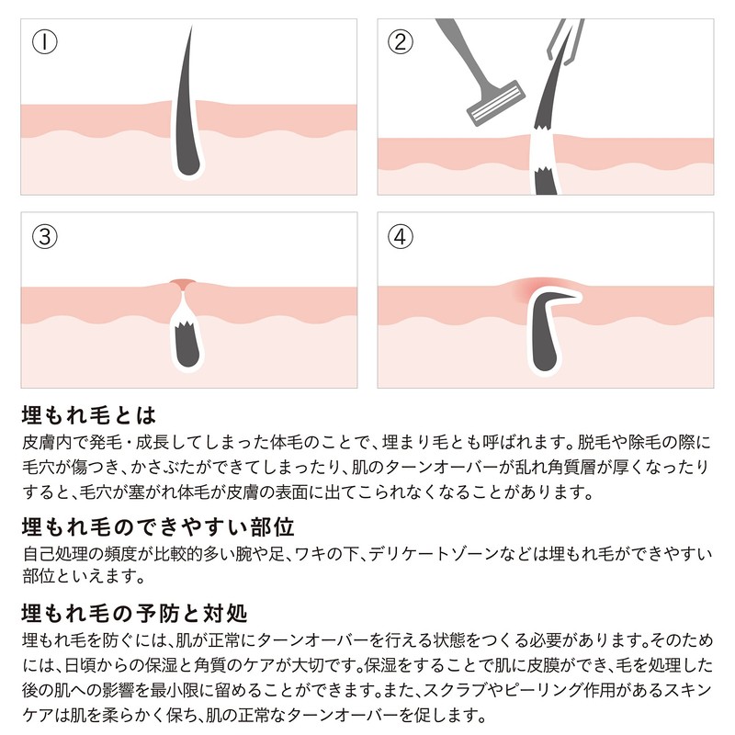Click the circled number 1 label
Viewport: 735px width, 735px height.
click(44, 41)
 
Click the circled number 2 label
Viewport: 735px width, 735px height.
click(400, 41)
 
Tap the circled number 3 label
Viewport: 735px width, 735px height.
click(44, 236)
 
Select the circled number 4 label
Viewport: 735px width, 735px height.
click(400, 236)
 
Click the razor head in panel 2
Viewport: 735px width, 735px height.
click(495, 103)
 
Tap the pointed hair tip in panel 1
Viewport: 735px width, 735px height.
click(191, 28)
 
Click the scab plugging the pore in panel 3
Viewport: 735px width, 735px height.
click(183, 284)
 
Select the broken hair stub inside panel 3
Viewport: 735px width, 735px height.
click(187, 345)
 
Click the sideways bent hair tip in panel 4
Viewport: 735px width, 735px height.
click(571, 297)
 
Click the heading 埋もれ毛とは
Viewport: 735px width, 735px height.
click(89, 415)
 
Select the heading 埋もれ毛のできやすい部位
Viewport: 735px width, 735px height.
click(158, 526)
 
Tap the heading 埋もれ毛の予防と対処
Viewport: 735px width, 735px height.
click(134, 614)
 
